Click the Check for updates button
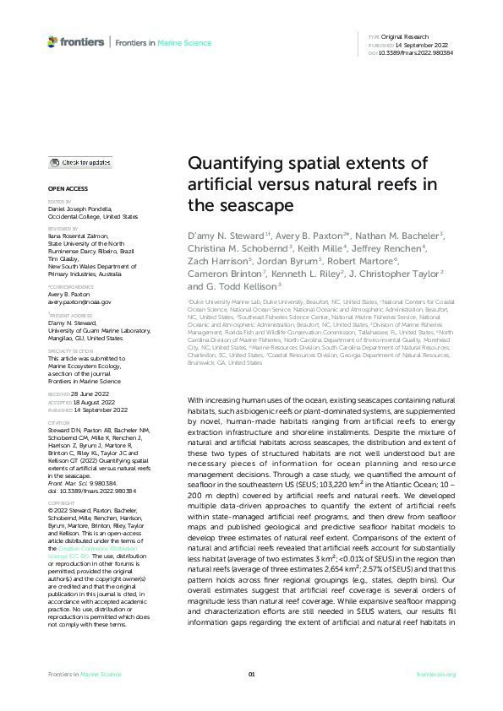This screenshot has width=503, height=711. click(79, 162)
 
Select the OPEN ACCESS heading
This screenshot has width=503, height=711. click(66, 189)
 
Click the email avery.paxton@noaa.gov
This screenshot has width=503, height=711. click(79, 301)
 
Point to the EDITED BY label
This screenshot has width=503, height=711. click(60, 203)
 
